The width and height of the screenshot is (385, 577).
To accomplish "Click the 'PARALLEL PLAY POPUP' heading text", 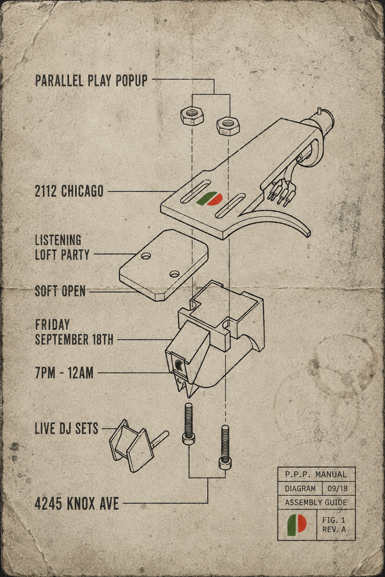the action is point(91,80).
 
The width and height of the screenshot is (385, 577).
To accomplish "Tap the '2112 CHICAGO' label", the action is point(69,191).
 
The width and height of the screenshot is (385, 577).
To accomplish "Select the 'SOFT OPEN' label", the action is point(60,291).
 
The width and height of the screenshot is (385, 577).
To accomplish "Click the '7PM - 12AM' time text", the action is point(64,373).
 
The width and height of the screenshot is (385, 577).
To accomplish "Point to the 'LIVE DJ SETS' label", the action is point(67,428).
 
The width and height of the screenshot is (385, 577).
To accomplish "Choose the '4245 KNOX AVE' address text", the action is point(77,504).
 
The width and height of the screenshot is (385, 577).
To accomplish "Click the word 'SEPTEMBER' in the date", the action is point(62,340).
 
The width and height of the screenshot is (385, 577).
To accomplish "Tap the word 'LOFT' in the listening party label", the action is point(46,255).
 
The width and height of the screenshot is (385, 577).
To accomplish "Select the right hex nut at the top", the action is point(228,126).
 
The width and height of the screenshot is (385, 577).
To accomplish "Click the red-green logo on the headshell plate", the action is point(209,199).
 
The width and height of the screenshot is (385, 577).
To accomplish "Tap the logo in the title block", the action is point(297,525).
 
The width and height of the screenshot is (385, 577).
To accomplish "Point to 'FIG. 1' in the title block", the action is point(334,520).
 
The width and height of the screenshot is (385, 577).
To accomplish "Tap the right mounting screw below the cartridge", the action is point(225,447).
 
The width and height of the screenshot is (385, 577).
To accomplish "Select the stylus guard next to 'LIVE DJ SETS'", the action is point(135,446).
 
